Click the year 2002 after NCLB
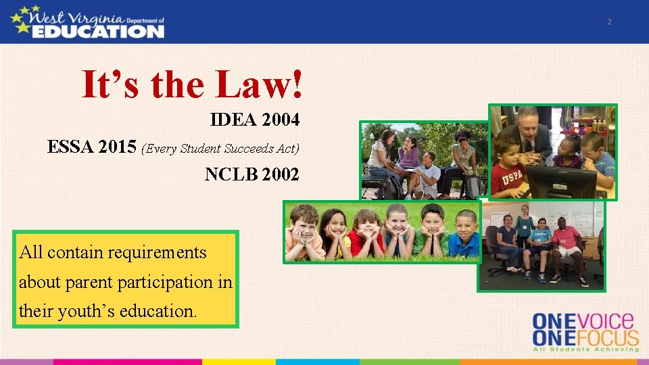tap(281, 174)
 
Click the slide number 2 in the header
tap(609, 22)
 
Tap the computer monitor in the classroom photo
tap(561, 181)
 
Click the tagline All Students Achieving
tap(585, 349)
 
